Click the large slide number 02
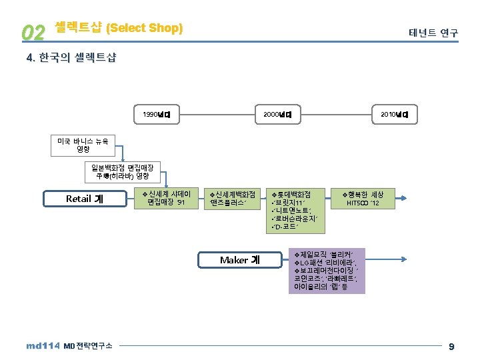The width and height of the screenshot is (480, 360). click(x=33, y=31)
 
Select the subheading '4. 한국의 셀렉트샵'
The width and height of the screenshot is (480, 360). click(x=71, y=58)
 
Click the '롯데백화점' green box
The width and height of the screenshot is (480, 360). click(x=297, y=211)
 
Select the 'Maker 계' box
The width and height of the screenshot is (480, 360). click(x=239, y=260)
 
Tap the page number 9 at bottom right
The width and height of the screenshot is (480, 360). click(x=451, y=346)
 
